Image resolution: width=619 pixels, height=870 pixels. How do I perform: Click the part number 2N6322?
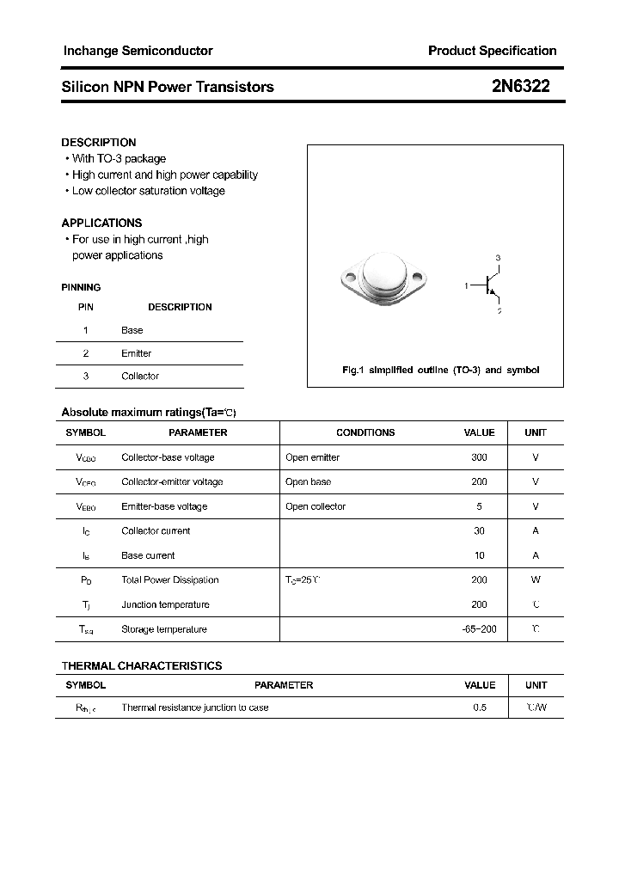click(x=521, y=86)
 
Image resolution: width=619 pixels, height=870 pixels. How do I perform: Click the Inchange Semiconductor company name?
click(x=138, y=51)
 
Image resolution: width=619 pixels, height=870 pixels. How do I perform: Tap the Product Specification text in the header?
click(x=492, y=51)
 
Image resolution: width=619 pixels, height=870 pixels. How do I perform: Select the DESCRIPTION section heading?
click(x=99, y=143)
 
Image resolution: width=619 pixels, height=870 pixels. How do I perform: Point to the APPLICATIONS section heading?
click(x=101, y=223)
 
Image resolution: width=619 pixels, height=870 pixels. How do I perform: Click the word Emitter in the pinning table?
click(x=136, y=353)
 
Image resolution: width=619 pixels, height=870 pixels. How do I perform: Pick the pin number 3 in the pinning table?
click(x=86, y=377)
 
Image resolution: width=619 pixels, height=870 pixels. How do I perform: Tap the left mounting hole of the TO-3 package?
click(x=350, y=278)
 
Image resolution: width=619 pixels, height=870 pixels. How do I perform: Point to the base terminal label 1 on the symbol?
click(x=467, y=285)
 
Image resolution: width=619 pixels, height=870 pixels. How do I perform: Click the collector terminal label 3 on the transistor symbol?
click(x=498, y=259)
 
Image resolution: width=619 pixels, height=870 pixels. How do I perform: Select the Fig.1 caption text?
click(x=441, y=371)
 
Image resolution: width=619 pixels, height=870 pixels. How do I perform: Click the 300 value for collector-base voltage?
click(x=479, y=457)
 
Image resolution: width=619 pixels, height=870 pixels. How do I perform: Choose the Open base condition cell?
click(x=308, y=482)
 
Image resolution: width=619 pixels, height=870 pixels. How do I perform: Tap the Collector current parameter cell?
click(x=156, y=531)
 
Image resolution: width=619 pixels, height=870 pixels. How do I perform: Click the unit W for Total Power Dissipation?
click(x=536, y=580)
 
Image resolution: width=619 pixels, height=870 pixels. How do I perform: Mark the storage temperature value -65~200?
click(x=479, y=629)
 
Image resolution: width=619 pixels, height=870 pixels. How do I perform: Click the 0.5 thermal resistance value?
click(x=479, y=708)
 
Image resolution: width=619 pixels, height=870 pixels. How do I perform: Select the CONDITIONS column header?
click(x=365, y=433)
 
